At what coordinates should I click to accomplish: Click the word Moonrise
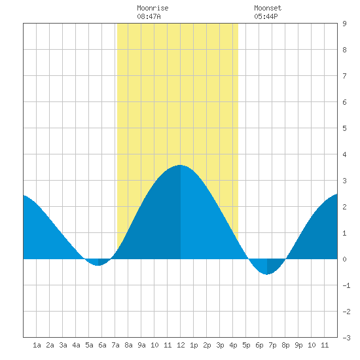(x=153, y=8)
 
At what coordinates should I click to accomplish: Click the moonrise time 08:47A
(x=149, y=16)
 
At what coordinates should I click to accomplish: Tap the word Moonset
(x=268, y=8)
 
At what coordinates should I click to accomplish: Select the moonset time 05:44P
(x=266, y=16)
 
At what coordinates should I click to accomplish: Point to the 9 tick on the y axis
(x=344, y=24)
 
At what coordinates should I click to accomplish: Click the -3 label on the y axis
(x=346, y=338)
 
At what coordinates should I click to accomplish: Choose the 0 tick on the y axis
(x=344, y=259)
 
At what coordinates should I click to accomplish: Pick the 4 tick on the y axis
(x=344, y=154)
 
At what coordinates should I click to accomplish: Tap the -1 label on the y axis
(x=346, y=285)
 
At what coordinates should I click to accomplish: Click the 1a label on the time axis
(x=37, y=345)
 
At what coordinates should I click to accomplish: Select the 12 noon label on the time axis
(x=181, y=345)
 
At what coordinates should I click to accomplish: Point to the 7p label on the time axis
(x=272, y=345)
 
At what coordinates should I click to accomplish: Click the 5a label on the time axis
(x=89, y=345)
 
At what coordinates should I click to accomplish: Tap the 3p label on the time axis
(x=220, y=345)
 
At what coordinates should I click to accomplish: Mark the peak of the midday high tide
(x=180, y=165)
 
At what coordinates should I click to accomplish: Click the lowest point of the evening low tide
(x=267, y=274)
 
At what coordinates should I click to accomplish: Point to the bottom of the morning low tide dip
(x=98, y=265)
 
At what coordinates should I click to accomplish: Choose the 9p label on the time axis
(x=298, y=345)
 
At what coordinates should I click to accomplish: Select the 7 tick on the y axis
(x=344, y=76)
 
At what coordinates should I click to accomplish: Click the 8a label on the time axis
(x=128, y=345)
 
